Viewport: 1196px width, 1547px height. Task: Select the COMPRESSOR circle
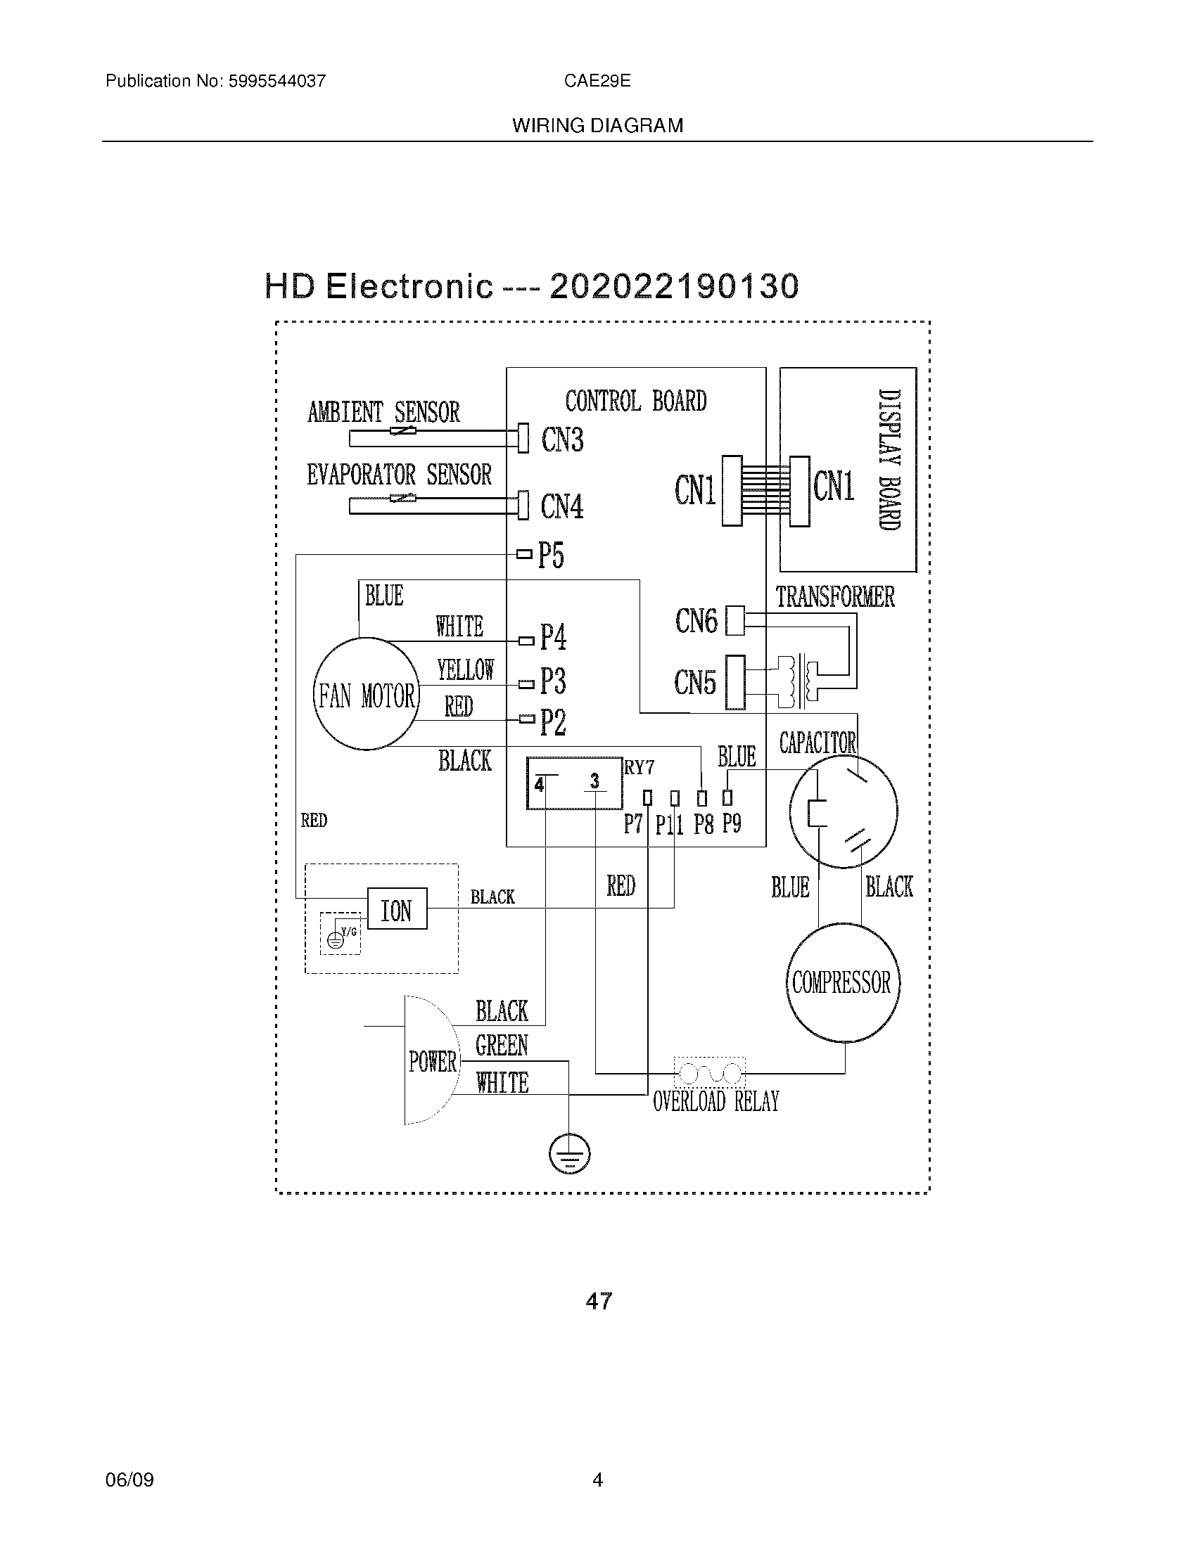841,982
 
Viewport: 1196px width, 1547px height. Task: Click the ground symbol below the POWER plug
569,1154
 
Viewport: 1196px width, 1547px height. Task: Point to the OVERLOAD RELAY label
715,1101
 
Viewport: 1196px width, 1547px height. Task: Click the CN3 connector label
563,440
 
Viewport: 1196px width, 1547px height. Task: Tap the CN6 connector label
696,621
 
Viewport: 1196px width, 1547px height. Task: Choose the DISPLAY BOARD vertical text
889,460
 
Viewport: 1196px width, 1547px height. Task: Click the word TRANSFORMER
834,597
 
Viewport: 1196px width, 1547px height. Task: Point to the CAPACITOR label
818,743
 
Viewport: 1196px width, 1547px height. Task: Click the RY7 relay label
639,767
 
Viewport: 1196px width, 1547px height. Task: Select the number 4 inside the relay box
540,785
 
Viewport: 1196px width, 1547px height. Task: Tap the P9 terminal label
732,823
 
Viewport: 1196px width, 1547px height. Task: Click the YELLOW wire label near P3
466,669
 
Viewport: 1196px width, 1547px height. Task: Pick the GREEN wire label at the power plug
502,1046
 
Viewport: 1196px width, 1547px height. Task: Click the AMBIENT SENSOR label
383,412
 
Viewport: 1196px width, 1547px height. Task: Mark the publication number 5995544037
276,81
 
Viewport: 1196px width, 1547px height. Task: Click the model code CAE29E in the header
597,81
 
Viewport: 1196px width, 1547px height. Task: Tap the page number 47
599,1300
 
